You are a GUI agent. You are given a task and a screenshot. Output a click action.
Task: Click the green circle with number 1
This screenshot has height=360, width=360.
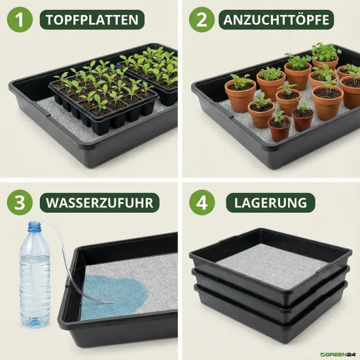pos(20,20)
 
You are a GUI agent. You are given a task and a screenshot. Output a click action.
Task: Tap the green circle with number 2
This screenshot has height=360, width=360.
pos(202,20)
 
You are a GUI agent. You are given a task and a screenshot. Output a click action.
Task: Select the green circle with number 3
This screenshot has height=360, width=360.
pos(20,202)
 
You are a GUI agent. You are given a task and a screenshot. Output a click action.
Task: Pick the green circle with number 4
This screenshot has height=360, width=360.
pos(202,202)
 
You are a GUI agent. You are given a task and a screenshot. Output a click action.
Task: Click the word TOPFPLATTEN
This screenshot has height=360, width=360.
pos(92,20)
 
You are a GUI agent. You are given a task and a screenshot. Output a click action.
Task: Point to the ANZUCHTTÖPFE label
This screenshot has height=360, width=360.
pos(276,20)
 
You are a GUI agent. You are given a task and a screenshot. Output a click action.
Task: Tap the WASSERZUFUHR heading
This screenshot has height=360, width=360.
pos(99,203)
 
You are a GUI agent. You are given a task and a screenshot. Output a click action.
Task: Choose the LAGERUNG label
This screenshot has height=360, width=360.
pos(271,203)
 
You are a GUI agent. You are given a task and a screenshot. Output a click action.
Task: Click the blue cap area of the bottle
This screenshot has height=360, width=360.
pos(35,226)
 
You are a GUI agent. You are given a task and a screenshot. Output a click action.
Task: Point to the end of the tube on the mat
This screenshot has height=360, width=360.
pos(113,302)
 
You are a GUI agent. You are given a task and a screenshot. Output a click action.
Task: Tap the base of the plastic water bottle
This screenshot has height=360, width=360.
pos(35,322)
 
